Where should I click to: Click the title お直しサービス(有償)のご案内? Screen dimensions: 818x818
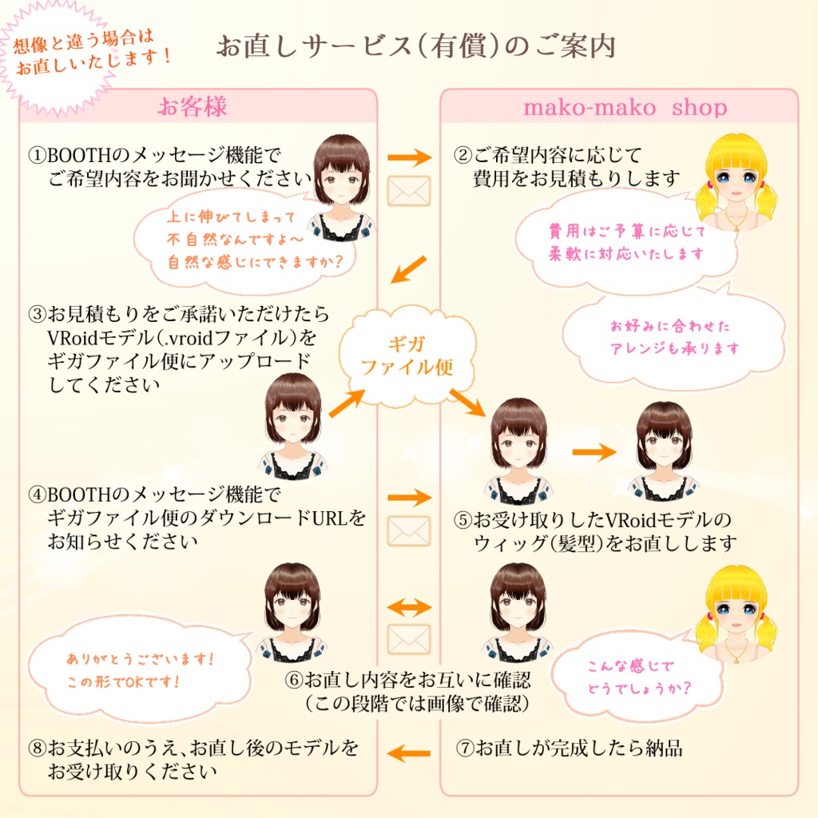coord(415,46)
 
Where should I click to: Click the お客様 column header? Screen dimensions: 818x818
coord(192,107)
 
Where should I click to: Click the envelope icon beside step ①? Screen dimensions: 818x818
coord(408,191)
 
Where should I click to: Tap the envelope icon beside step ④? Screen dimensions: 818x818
coord(408,530)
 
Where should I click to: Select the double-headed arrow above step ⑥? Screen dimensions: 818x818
coord(408,609)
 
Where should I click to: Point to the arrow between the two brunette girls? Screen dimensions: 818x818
coord(594,452)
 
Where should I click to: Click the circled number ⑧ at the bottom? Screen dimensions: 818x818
coord(37,749)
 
